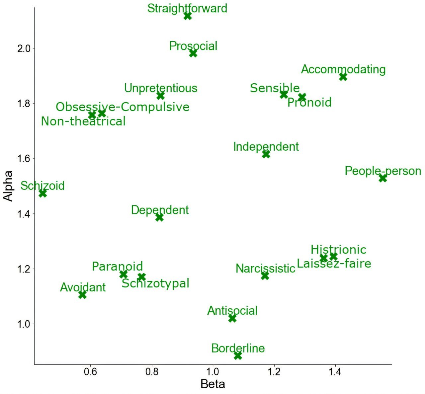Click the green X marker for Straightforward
tap(188, 16)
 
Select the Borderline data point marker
tap(238, 355)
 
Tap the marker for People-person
tap(383, 178)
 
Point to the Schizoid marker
tap(42, 193)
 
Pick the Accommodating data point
tap(343, 77)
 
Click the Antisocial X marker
tap(232, 318)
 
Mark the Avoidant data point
tap(82, 294)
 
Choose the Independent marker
tap(266, 154)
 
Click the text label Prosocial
tap(193, 46)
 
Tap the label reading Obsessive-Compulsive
tap(123, 107)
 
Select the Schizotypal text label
tap(155, 283)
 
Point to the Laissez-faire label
tap(334, 264)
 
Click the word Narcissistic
tap(265, 268)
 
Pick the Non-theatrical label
tap(83, 121)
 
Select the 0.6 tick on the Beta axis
tap(91, 371)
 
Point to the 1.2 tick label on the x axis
tap(274, 371)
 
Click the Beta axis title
tap(213, 384)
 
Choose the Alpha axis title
tap(8, 186)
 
